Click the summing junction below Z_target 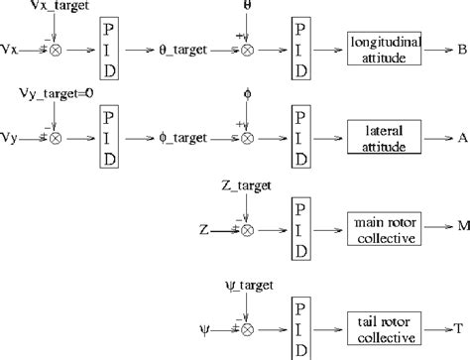click(x=248, y=230)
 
